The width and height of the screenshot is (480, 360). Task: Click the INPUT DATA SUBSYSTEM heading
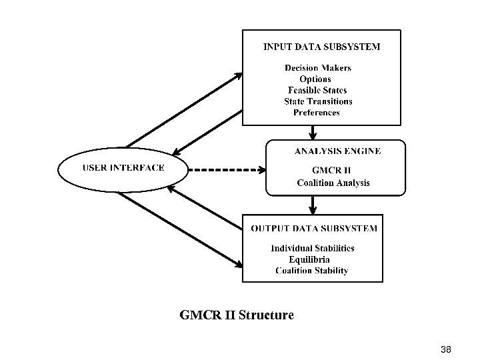322,47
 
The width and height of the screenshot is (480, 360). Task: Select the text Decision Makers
318,68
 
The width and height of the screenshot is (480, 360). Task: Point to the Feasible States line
317,90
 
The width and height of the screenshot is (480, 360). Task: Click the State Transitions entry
318,101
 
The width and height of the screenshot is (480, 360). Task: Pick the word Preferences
316,113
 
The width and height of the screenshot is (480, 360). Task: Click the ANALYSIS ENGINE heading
337,151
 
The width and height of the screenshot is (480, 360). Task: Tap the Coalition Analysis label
333,183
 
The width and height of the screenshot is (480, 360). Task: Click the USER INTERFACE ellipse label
123,167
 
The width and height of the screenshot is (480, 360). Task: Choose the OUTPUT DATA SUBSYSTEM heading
314,229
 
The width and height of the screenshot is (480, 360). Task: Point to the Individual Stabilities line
312,249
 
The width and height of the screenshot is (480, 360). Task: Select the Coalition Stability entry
311,271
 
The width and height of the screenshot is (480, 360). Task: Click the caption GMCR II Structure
237,315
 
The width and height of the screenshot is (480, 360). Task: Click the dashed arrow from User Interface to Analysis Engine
227,169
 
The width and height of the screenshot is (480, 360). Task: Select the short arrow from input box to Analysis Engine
294,133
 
